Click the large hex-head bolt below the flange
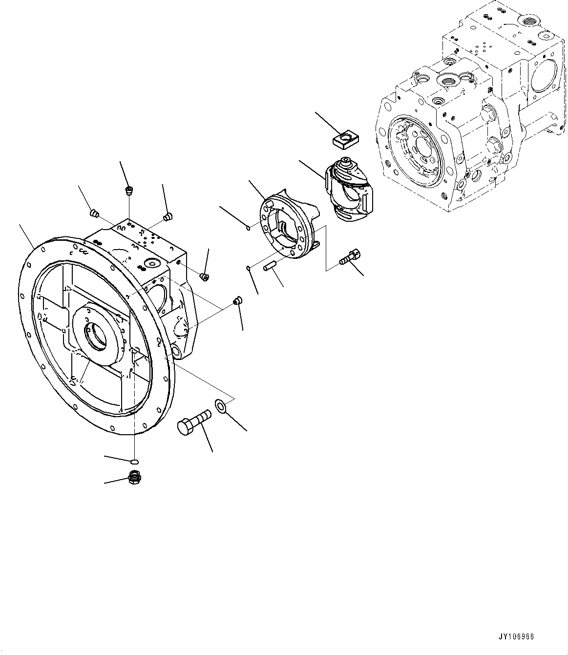tap(193, 421)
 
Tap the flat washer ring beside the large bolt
tap(220, 405)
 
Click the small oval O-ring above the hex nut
tap(135, 460)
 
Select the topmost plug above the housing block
tap(129, 190)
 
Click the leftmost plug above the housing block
tap(95, 213)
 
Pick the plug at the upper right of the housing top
tap(168, 216)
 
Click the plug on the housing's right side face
tap(205, 277)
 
